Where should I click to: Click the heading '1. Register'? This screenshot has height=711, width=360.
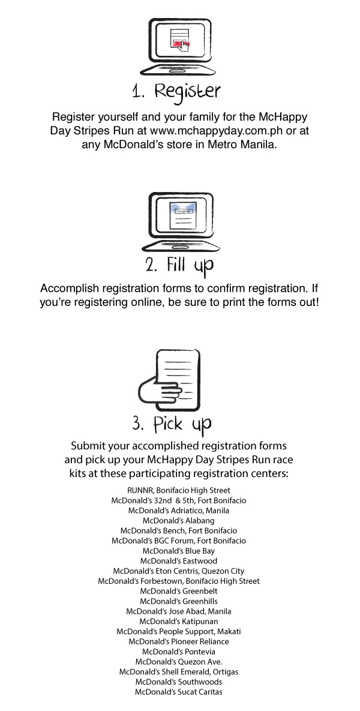tap(176, 92)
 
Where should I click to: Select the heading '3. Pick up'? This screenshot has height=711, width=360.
tap(172, 424)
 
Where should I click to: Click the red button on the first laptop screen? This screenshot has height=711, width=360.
tap(179, 43)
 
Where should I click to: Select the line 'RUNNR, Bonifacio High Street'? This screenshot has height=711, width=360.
tap(179, 490)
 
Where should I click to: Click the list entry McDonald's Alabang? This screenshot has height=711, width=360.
tap(179, 521)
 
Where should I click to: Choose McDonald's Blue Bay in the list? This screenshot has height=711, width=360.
tap(179, 551)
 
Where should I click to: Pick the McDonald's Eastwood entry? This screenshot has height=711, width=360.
tap(179, 561)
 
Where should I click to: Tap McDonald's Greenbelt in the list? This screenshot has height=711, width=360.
tap(179, 591)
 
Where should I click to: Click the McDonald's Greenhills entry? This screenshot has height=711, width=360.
tap(179, 601)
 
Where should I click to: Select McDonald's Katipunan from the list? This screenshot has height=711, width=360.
tap(179, 621)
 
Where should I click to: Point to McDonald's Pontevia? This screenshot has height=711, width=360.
tap(179, 652)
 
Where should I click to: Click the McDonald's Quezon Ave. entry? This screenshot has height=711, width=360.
tap(179, 662)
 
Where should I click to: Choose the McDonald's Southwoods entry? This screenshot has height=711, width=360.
tap(179, 682)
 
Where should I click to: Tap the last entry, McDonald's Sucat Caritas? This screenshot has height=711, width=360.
tap(179, 692)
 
